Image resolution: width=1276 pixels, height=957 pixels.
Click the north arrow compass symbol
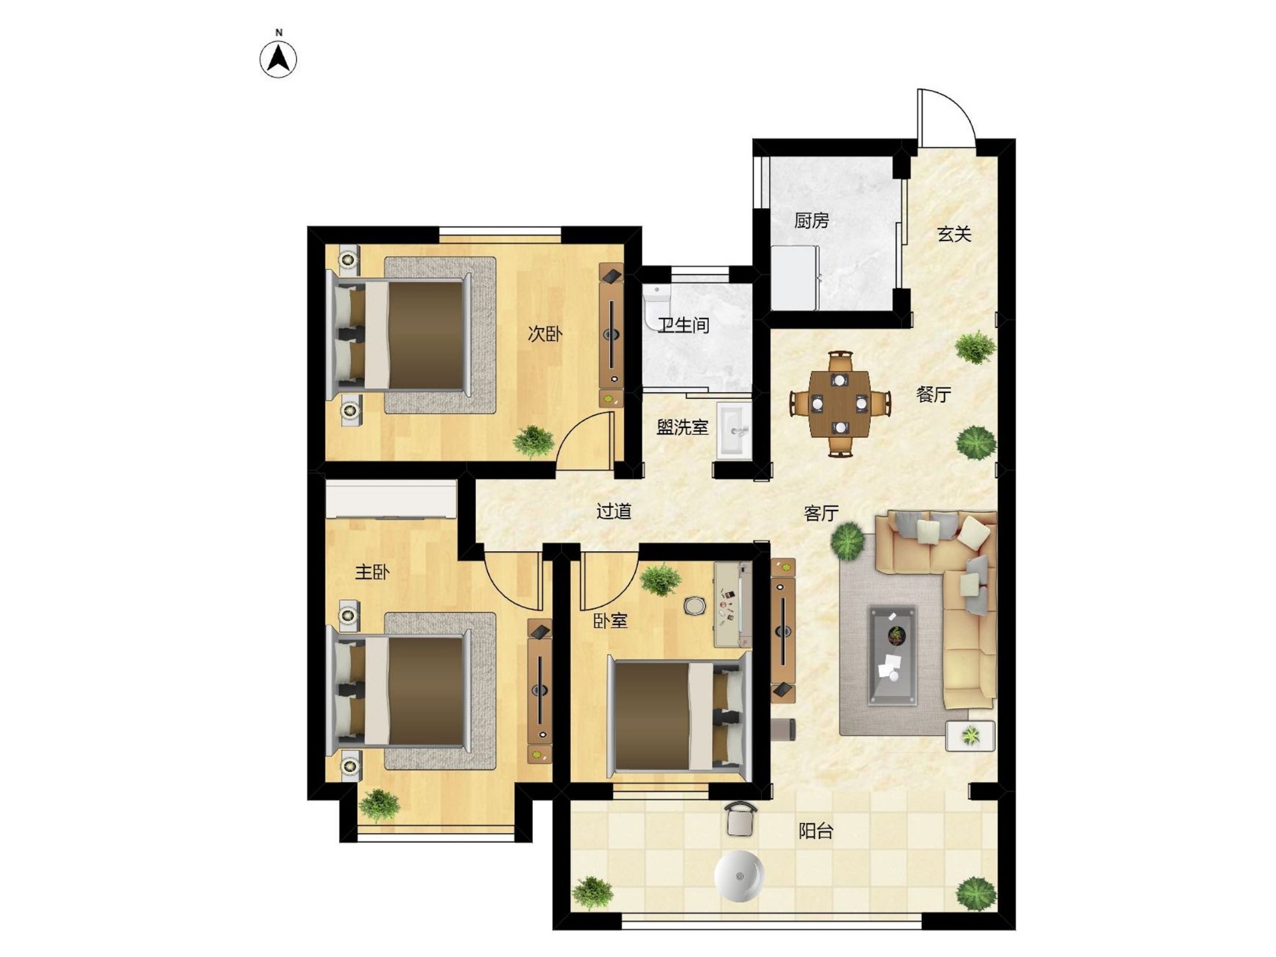click(279, 59)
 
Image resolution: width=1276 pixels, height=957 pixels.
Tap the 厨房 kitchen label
click(812, 221)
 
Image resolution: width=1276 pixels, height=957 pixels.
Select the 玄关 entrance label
click(954, 234)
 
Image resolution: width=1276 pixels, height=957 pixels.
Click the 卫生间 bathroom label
click(683, 325)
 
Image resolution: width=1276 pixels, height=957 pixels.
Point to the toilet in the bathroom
click(657, 306)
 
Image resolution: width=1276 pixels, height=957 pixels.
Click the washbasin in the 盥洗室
click(734, 431)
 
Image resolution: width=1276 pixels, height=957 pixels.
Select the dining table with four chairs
click(840, 403)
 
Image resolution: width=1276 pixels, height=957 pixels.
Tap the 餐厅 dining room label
click(933, 394)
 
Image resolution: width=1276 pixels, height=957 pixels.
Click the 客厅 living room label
click(821, 513)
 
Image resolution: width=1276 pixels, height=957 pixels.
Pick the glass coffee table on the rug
click(893, 655)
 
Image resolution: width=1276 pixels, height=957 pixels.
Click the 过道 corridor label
click(614, 511)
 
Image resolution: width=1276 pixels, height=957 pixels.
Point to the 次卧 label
click(545, 334)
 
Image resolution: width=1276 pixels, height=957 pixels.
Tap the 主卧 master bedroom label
click(372, 572)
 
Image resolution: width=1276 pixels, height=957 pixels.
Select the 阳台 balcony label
click(816, 831)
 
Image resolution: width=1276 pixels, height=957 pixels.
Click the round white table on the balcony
click(739, 876)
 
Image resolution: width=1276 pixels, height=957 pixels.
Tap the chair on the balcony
click(740, 819)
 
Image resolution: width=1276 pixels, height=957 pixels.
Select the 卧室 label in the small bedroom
click(611, 621)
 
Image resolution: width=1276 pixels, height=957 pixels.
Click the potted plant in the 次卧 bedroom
click(533, 441)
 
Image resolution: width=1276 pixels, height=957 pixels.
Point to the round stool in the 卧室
click(694, 605)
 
